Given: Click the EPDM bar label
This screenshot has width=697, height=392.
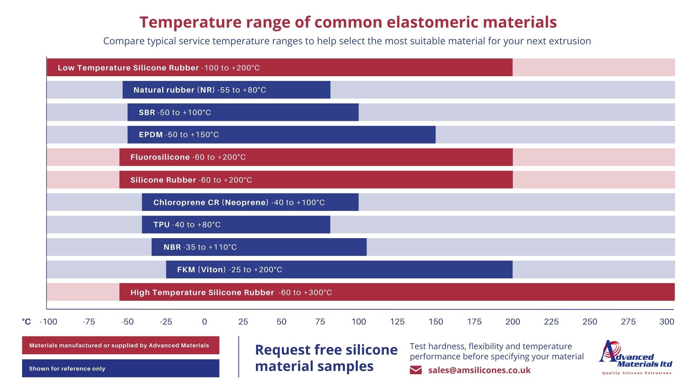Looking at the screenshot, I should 179,135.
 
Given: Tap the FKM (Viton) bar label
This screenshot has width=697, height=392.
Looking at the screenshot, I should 229,270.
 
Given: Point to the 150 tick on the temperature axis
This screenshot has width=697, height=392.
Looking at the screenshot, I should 436,322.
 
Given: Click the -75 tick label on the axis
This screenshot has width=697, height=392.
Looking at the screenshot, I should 89,322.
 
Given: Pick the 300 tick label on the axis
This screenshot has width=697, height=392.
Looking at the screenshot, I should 667,322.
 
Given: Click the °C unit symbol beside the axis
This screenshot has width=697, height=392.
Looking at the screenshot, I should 26,322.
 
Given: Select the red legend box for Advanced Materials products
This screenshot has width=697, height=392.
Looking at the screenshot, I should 121,345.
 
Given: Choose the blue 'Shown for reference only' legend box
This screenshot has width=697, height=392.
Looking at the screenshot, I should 121,368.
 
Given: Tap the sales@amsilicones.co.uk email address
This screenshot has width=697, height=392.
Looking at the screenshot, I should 479,370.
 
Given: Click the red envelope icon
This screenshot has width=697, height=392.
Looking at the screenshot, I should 416,370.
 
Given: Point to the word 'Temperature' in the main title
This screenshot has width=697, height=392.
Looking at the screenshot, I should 190,22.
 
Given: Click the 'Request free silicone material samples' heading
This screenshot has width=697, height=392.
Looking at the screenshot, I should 326,358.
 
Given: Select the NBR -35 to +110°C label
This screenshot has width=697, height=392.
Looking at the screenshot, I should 200,247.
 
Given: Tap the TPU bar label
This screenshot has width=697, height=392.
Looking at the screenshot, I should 187,225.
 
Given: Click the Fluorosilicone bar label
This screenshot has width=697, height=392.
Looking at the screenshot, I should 188,157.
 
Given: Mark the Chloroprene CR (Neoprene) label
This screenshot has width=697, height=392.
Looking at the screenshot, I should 239,203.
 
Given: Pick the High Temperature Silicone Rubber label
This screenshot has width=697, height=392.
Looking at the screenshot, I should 231,293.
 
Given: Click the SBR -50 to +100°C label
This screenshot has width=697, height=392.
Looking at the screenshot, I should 175,113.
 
